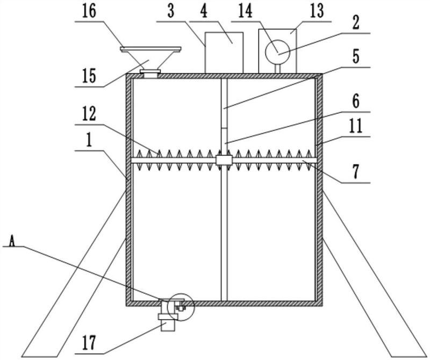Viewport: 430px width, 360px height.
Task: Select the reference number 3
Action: point(171,12)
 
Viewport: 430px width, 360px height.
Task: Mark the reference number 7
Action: point(356,173)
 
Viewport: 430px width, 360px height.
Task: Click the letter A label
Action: point(11,241)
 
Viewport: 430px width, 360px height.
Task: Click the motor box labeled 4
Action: point(224,52)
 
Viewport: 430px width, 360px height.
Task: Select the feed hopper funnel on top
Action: point(150,60)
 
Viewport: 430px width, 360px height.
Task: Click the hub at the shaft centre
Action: point(223,160)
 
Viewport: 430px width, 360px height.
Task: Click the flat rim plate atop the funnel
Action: point(150,50)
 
